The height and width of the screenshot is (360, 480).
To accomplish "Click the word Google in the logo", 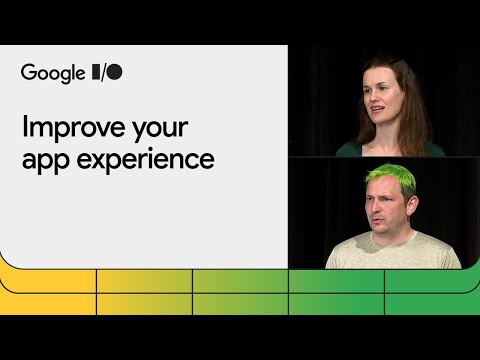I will pos(51,73).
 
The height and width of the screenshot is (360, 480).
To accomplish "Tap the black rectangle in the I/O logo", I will pos(96,72).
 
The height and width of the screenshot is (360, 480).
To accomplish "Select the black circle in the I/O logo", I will pos(115,72).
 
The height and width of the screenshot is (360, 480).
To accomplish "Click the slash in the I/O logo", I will pos(104,72).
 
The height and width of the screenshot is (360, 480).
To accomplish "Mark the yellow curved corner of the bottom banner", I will pos(12,262).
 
